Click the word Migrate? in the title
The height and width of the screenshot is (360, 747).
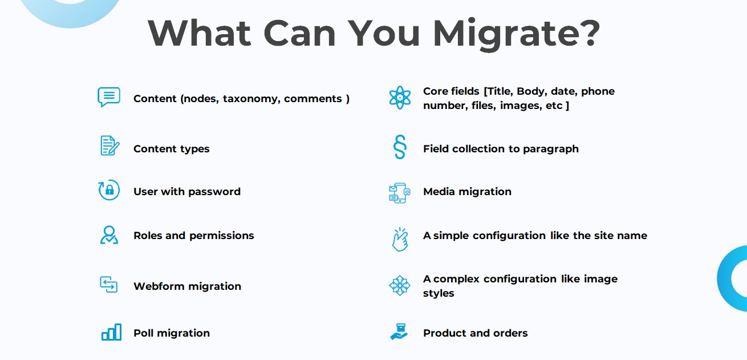point(516,34)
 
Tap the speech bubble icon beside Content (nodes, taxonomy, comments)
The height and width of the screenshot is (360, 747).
point(109,97)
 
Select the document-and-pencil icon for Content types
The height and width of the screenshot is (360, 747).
point(109,146)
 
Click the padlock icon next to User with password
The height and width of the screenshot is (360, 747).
point(109,190)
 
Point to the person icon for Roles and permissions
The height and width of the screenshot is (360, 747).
point(109,235)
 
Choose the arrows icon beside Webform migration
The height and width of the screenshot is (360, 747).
point(108,284)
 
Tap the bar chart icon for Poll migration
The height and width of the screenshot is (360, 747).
point(111,332)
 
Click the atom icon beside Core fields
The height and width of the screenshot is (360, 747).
point(400,98)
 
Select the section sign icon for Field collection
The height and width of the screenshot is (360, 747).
point(400,147)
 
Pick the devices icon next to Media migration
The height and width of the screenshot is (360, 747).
point(399,193)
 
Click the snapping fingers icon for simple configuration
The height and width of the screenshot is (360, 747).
point(400,239)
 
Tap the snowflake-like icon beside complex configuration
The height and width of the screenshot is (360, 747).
point(400,285)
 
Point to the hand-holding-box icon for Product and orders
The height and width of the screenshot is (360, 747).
point(399,331)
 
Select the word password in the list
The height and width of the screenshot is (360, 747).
point(214,192)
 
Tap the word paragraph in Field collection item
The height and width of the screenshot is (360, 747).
point(551,149)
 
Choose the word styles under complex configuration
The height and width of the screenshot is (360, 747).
point(439,293)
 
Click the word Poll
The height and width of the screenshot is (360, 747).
point(143,333)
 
